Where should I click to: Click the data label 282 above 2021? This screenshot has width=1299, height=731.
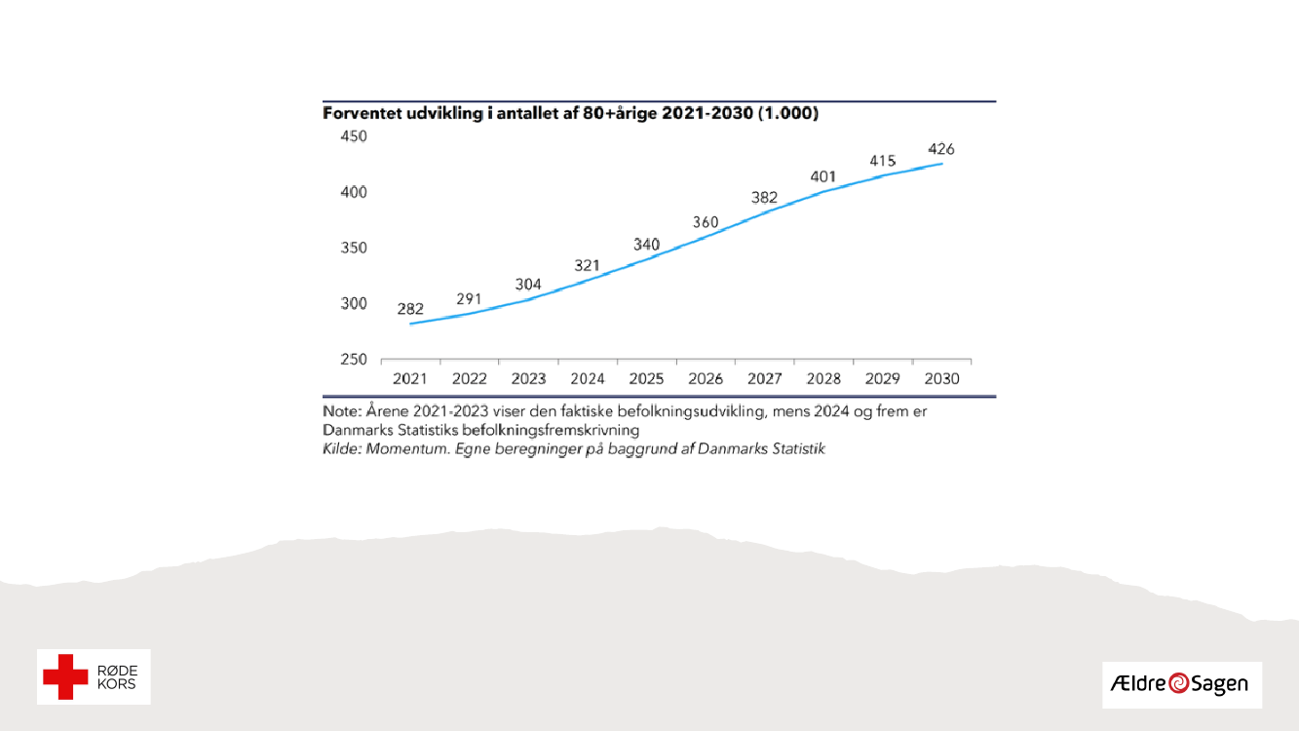tap(410, 309)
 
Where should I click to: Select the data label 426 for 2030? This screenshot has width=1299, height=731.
tap(941, 149)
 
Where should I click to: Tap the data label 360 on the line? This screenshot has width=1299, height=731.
tap(706, 222)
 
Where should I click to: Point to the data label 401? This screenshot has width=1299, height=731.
tap(823, 176)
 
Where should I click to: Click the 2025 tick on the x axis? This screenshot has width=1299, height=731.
tap(646, 378)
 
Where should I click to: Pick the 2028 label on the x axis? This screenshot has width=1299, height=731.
tap(823, 378)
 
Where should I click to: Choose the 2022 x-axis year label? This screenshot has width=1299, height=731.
tap(470, 378)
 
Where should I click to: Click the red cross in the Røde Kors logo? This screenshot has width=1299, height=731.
tap(66, 676)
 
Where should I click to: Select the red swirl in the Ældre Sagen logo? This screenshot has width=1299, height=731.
tap(1179, 684)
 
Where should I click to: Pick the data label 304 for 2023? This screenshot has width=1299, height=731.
tap(528, 285)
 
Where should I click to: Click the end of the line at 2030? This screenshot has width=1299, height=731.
tap(941, 163)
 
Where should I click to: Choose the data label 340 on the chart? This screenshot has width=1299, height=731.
tap(646, 245)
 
